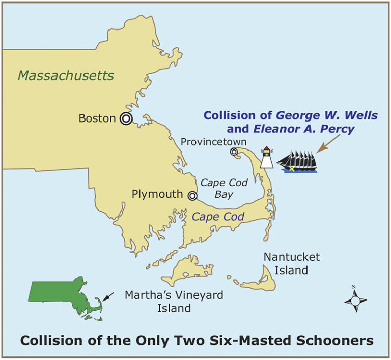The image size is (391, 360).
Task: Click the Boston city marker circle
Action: click(x=126, y=118)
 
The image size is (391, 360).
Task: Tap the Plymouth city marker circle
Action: click(x=192, y=195)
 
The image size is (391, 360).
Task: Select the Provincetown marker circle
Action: click(x=234, y=152)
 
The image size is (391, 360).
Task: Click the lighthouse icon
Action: click(x=266, y=157)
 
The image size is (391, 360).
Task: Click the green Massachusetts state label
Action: click(x=66, y=76)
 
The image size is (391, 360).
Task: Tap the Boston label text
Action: click(x=97, y=118)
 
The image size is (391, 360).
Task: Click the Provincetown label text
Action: click(x=214, y=141)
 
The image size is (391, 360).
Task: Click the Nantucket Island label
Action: click(x=291, y=263)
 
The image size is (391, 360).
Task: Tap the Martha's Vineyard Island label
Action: click(x=158, y=302)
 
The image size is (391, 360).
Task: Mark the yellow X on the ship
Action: click(x=292, y=168)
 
